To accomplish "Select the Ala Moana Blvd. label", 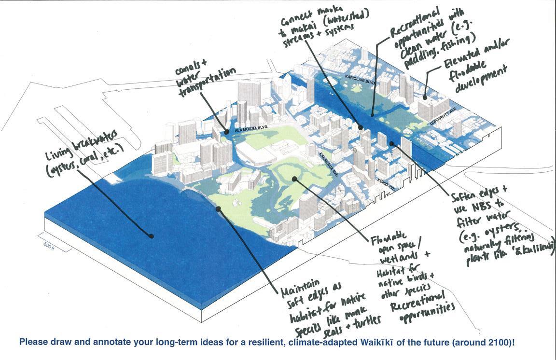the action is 251,129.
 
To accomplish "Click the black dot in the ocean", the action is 151,236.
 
